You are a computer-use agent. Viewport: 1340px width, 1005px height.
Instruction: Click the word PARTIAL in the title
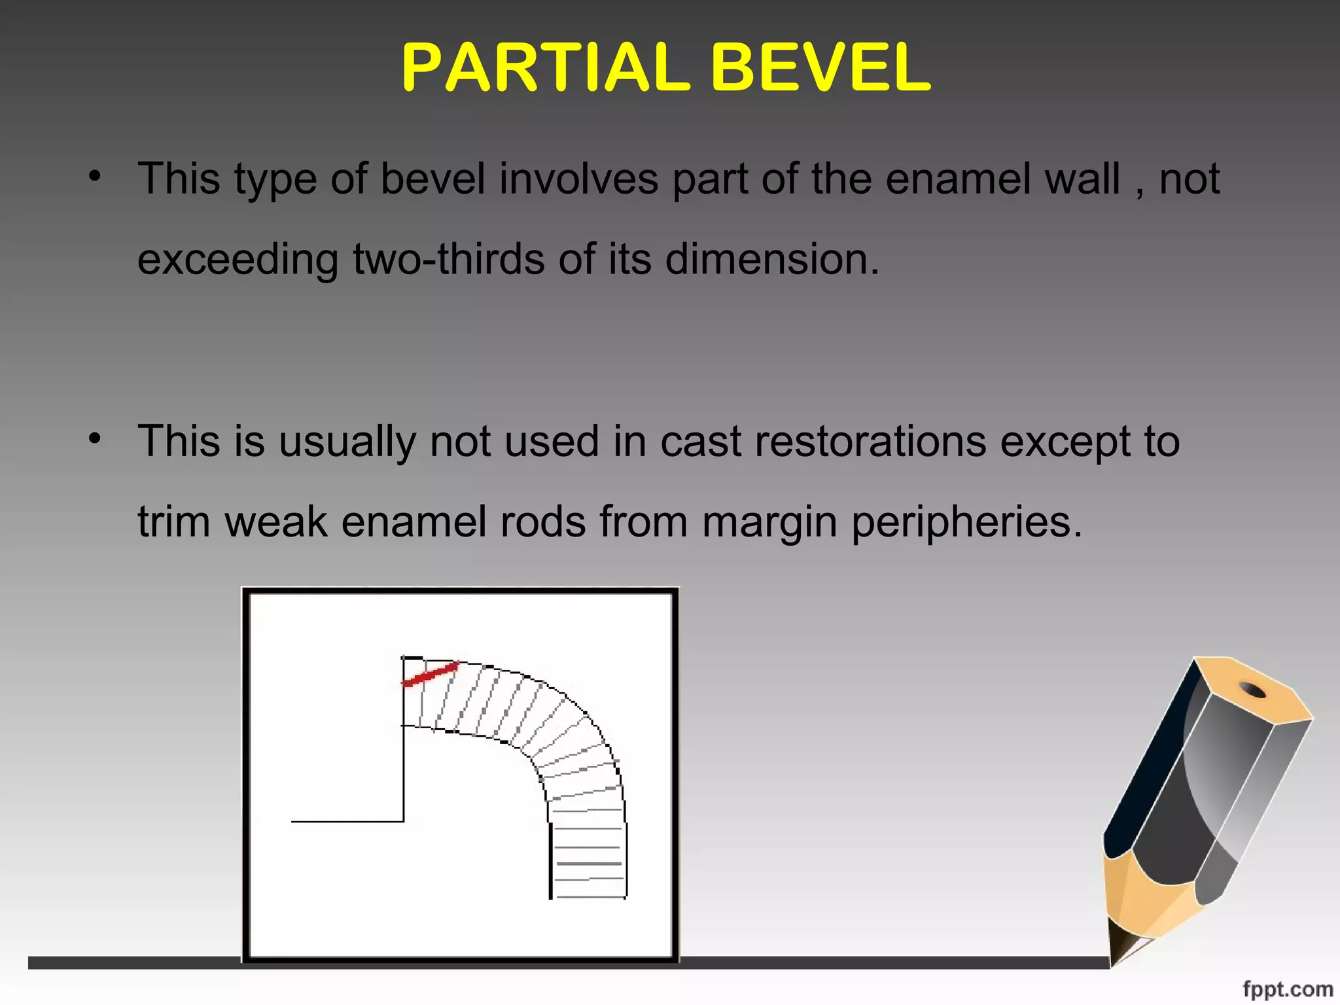tap(546, 67)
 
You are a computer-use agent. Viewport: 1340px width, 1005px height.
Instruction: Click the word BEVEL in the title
tap(820, 67)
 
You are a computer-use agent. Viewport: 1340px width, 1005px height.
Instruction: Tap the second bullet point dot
tap(96, 438)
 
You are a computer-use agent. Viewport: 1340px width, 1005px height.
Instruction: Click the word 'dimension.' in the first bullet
tap(772, 259)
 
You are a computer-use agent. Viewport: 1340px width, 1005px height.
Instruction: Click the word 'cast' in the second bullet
tap(701, 442)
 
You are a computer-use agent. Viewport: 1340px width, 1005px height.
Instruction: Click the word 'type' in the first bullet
tap(275, 180)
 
